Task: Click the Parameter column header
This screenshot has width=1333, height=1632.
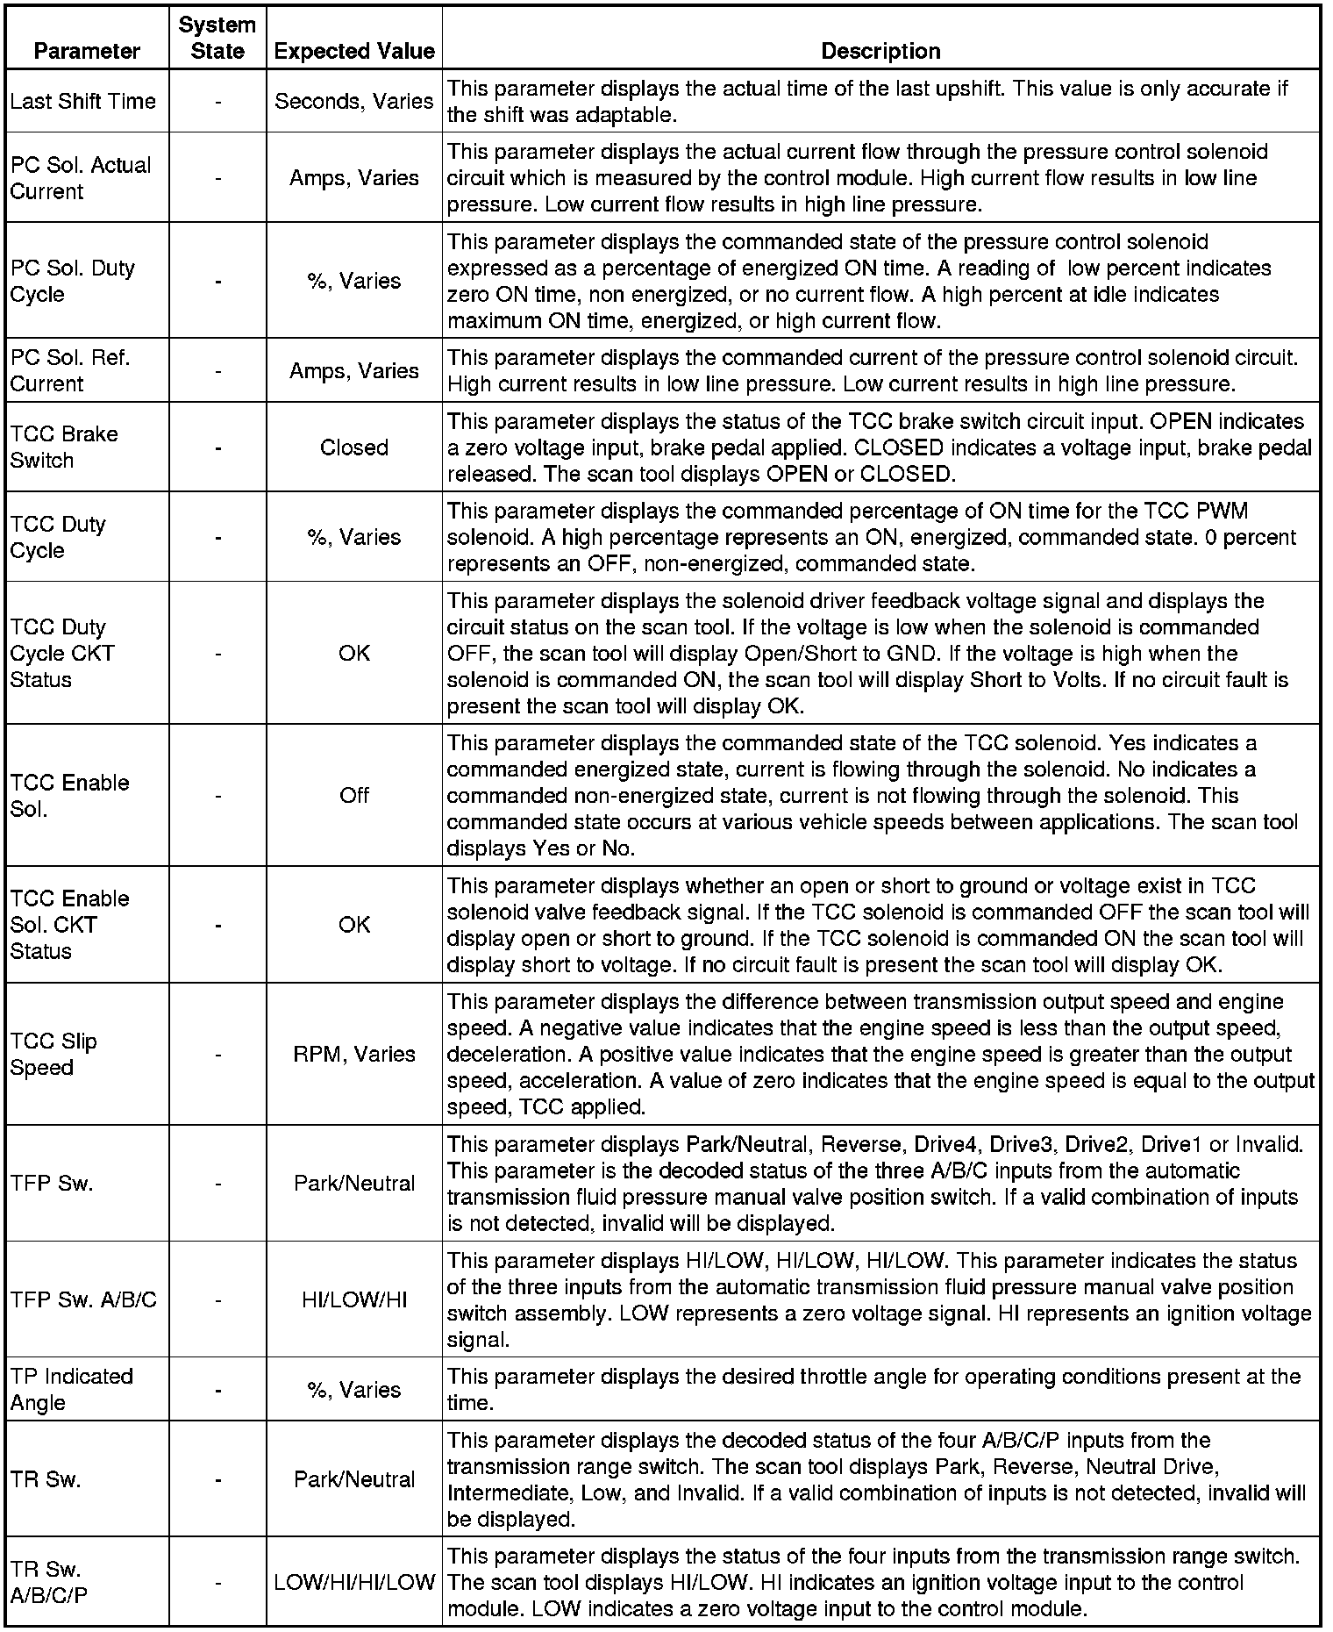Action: click(x=87, y=51)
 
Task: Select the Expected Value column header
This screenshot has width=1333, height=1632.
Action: click(x=354, y=51)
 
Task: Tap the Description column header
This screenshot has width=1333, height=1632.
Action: click(x=880, y=51)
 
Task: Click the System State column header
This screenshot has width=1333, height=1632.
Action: click(x=217, y=38)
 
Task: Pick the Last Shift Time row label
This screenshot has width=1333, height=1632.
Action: click(x=82, y=101)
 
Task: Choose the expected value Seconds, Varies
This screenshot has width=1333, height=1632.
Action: click(x=354, y=101)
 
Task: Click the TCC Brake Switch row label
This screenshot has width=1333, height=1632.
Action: click(x=64, y=447)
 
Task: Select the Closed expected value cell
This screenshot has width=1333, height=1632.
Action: click(x=354, y=447)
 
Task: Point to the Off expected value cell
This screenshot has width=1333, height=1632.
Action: click(x=354, y=795)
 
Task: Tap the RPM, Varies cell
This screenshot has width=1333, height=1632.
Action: click(x=354, y=1054)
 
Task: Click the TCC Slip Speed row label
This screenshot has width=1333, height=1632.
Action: click(x=53, y=1054)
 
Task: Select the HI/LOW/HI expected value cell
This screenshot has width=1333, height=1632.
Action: click(x=354, y=1299)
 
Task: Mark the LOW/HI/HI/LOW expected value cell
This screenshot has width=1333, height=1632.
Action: click(x=354, y=1582)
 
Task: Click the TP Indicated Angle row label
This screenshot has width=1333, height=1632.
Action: click(x=71, y=1389)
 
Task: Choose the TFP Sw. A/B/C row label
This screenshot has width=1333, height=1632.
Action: click(x=83, y=1299)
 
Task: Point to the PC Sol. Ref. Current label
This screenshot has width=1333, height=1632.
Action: click(x=70, y=370)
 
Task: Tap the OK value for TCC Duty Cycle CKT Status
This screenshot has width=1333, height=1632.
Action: click(x=354, y=653)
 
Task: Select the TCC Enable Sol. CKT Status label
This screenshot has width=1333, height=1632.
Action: click(x=69, y=925)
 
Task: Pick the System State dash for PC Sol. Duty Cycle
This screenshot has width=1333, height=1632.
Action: click(x=217, y=281)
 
